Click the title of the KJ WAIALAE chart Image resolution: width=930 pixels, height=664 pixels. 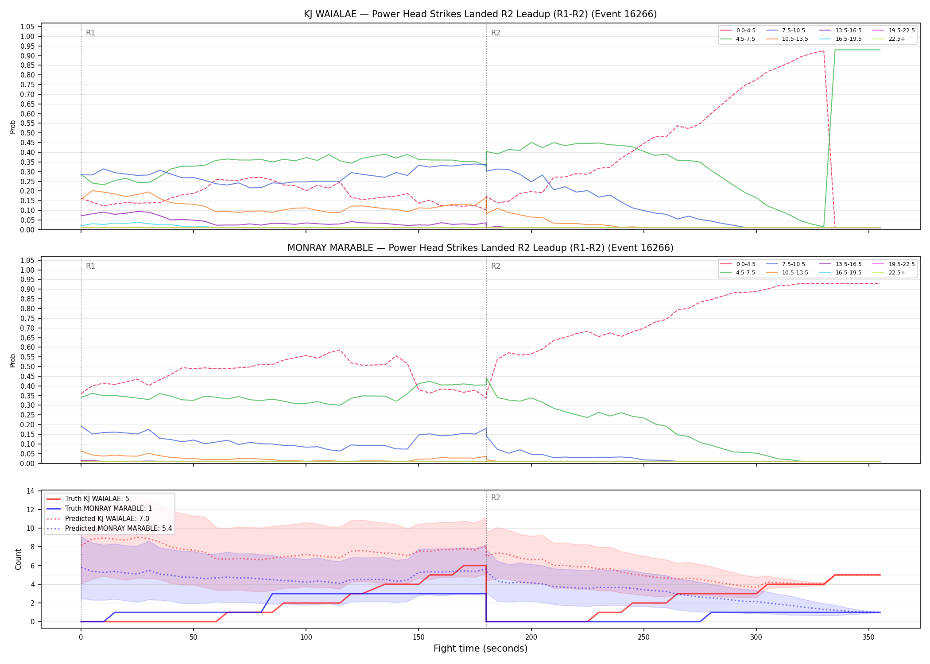(480, 14)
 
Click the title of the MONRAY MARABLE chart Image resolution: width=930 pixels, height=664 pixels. (480, 248)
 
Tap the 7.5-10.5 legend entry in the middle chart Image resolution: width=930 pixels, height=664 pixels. (786, 264)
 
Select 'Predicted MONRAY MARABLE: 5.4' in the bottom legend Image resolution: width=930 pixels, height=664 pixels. (109, 528)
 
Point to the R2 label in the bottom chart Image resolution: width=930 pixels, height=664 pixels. (496, 498)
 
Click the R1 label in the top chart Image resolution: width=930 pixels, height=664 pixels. (90, 33)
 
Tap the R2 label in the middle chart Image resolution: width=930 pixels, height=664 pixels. (496, 266)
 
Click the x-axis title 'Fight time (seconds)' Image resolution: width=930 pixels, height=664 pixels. (480, 649)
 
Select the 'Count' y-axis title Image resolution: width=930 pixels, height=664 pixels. (18, 559)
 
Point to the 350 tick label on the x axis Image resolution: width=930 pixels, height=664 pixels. (868, 637)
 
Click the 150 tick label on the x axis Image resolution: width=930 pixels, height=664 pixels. (418, 637)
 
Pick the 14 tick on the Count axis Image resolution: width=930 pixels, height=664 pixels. (31, 491)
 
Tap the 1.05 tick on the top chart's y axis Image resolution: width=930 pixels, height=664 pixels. (27, 27)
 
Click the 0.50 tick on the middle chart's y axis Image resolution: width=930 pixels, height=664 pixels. (27, 367)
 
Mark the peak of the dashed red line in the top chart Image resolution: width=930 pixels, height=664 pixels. (823, 50)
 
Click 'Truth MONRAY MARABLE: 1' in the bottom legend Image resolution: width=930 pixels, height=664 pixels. (99, 509)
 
